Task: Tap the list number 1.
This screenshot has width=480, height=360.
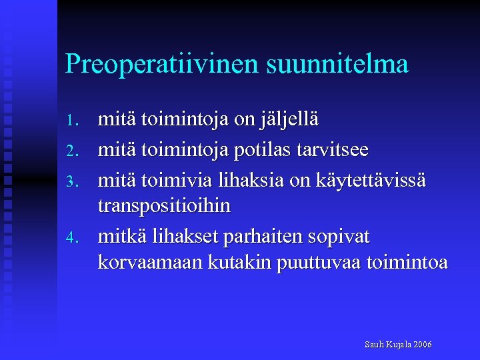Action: (73, 121)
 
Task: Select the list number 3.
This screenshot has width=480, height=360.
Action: (73, 180)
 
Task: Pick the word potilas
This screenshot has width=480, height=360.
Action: (261, 151)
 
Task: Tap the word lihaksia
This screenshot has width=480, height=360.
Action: (233, 180)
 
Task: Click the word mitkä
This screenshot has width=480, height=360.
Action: (120, 237)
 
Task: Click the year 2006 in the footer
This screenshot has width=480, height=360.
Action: (423, 345)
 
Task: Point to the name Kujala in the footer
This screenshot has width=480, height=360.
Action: (398, 345)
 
